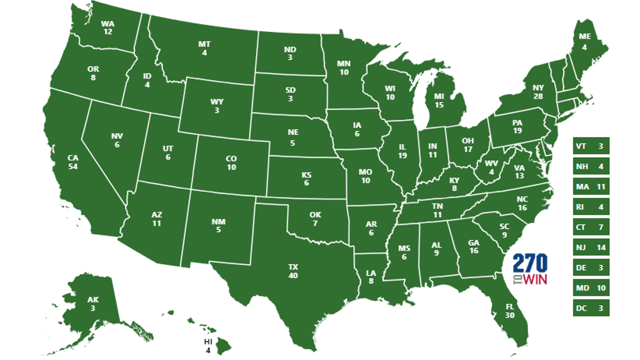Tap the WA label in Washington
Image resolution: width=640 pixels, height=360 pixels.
point(107,23)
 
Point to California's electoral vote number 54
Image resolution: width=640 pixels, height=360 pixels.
point(73,166)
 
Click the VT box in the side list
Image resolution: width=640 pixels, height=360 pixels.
point(591,146)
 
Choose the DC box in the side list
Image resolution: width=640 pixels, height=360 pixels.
point(591,308)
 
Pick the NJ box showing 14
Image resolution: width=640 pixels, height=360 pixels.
point(591,247)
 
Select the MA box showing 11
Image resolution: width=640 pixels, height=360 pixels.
point(591,187)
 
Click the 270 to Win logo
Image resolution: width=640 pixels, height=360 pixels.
point(530,269)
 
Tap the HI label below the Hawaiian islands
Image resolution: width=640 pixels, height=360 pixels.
point(208,341)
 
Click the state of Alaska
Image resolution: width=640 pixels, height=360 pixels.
point(92,305)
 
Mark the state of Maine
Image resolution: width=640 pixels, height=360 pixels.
point(585,47)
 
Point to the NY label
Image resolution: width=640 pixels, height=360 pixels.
point(524,88)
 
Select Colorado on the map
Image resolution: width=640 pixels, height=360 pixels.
point(231,162)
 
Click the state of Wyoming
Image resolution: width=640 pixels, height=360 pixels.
point(216,106)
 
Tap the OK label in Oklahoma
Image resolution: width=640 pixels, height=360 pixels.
point(315,215)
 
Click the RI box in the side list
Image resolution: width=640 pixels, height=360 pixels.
point(591,207)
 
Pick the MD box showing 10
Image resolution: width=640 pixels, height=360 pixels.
point(591,288)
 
